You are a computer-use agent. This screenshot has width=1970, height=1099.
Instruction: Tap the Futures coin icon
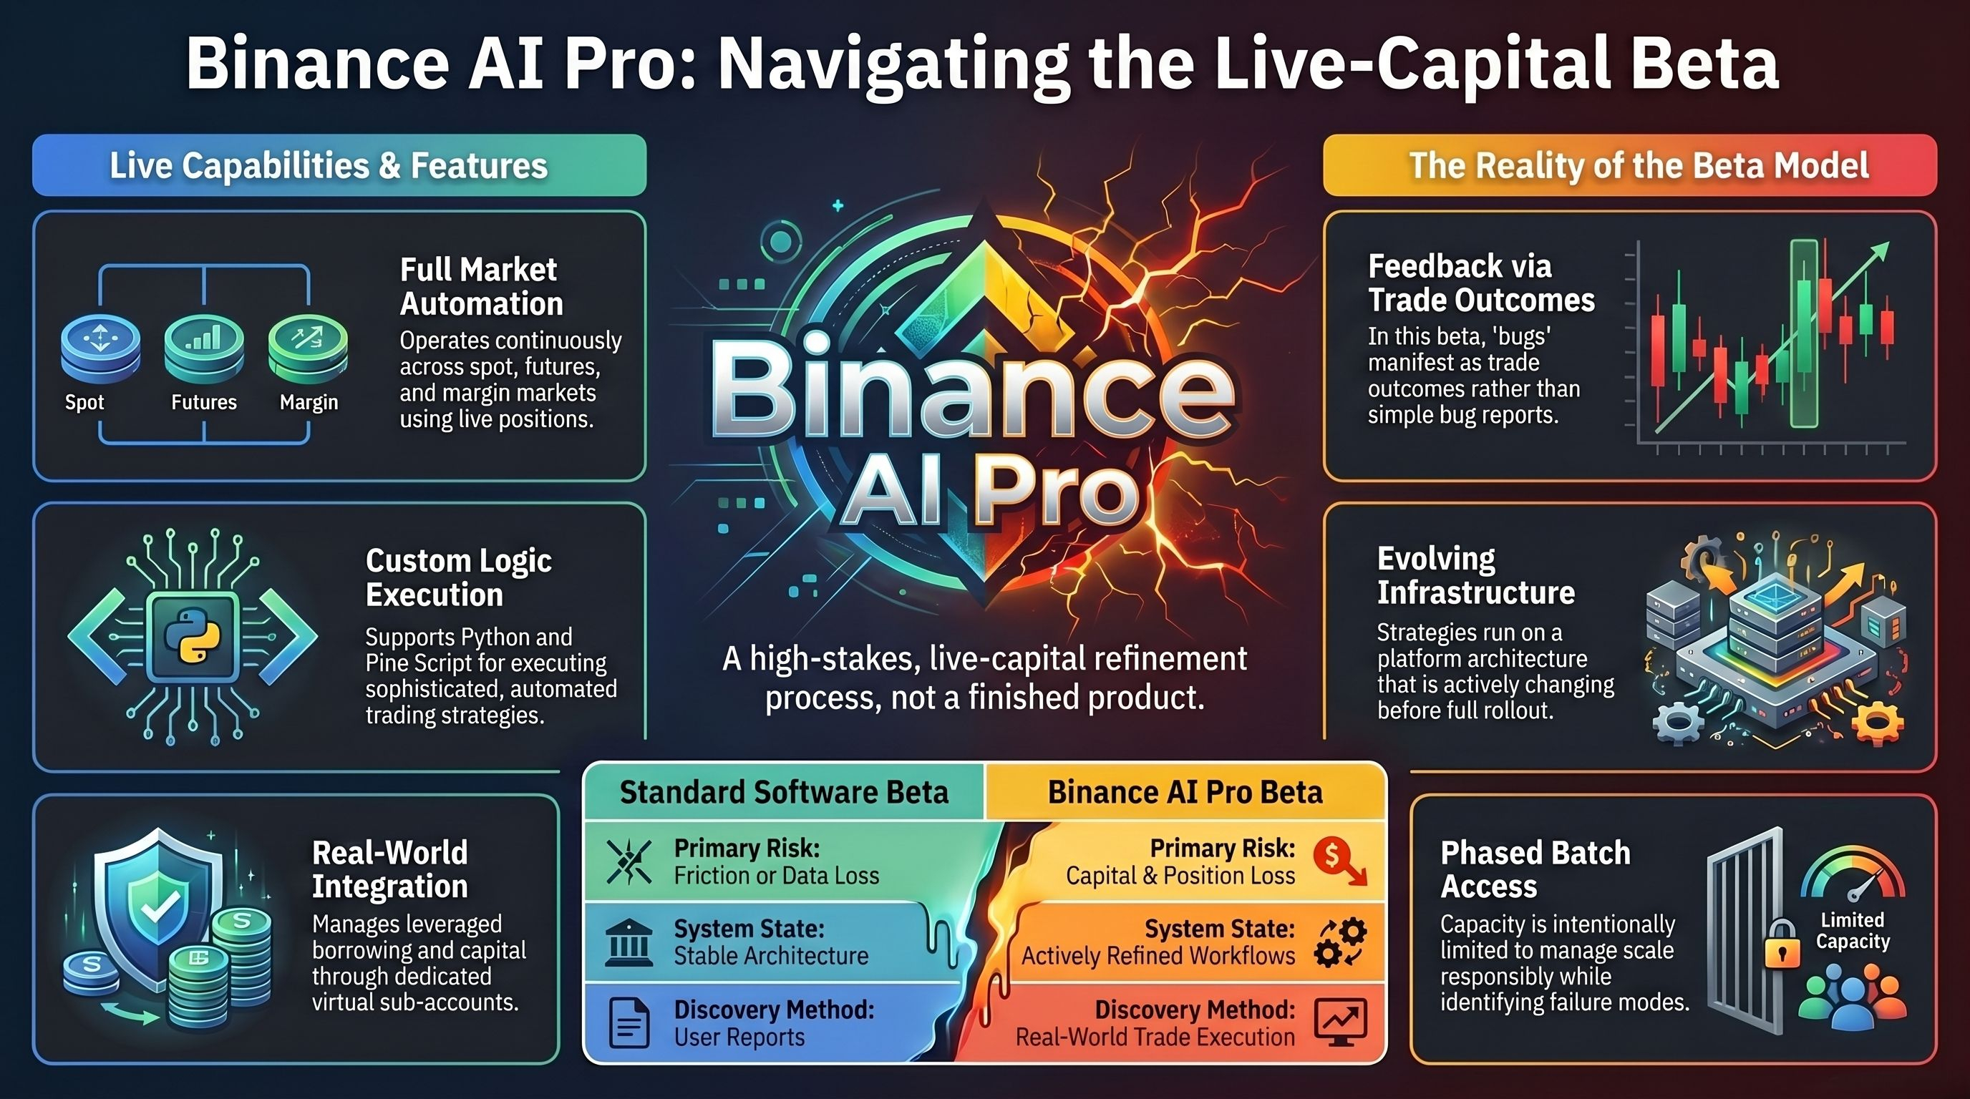204,348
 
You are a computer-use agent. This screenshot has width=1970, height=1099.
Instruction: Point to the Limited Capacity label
1852,930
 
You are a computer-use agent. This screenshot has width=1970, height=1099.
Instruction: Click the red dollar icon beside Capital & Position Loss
1339,861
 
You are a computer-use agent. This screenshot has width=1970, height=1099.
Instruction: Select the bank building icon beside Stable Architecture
628,942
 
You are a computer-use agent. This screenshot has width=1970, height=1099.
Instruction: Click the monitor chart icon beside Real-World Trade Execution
1340,1022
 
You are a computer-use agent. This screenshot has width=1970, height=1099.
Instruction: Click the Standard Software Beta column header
784,793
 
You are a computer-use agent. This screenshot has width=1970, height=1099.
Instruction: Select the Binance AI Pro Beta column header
1185,793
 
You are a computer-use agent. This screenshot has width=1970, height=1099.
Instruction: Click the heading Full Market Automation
481,287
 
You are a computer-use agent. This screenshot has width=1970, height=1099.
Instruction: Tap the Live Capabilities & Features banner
339,165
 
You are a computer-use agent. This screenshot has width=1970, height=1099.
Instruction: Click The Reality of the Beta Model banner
1630,165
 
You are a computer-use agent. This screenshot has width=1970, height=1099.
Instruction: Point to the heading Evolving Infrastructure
1475,575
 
